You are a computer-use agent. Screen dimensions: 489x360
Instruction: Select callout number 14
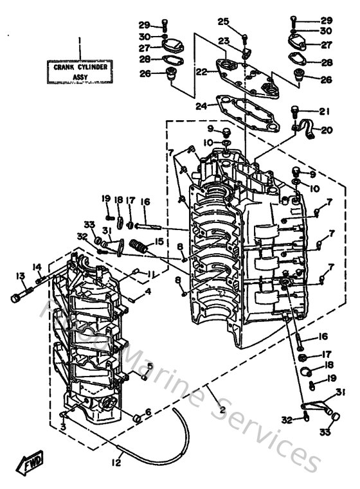37,267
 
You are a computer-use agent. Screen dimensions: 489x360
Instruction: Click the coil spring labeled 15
139,245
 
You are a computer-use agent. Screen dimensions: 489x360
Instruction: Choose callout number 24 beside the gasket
201,107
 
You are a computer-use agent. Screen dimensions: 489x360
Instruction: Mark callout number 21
324,110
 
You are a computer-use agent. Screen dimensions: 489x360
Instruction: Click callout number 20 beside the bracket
326,130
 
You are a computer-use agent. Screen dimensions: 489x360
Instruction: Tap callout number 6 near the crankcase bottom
148,412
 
